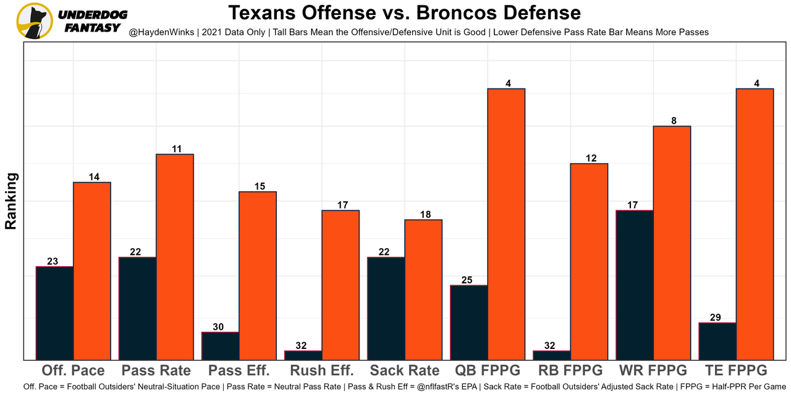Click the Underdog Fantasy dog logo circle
35,21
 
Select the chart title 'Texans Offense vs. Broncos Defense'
405,13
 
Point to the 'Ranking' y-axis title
11,201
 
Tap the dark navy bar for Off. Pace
55,313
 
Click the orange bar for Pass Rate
175,257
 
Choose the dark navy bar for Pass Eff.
221,346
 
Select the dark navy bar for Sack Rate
386,308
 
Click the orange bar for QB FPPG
506,224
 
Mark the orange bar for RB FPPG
589,261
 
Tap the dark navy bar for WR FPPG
635,285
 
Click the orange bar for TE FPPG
755,224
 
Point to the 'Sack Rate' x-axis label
405,371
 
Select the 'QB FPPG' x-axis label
488,371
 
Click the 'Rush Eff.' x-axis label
322,371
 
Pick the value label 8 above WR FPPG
672,121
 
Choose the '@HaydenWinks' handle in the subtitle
158,32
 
